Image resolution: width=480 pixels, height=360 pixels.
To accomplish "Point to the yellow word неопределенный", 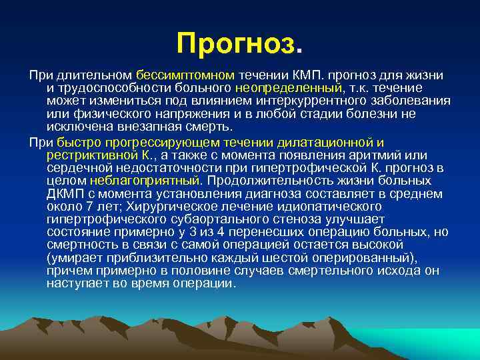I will [x=288, y=88].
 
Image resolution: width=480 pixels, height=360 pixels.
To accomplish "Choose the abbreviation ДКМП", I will [x=63, y=194].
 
